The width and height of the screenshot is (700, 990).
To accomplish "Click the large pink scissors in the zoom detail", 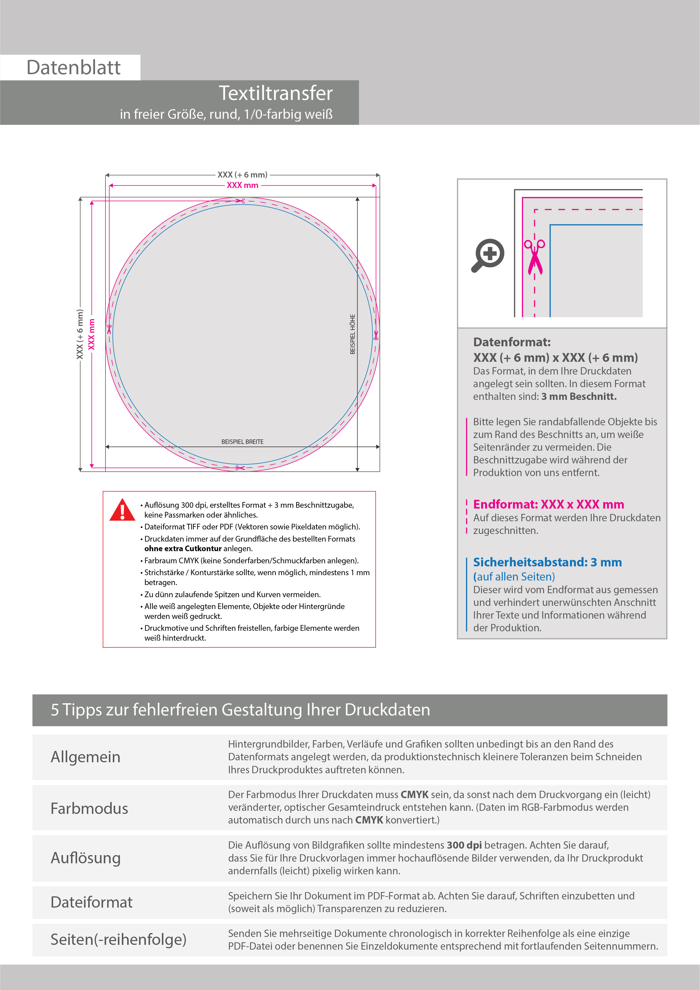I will pos(534,257).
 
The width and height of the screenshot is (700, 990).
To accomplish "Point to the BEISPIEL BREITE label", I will pos(242,442).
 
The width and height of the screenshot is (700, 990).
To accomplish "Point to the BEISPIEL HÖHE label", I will pos(353,334).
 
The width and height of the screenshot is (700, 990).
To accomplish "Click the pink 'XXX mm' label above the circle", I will pos(242,185).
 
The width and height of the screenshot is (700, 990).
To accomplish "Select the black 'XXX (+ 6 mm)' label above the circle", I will pos(242,175).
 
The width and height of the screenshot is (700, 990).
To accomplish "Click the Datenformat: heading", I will pos(512,342).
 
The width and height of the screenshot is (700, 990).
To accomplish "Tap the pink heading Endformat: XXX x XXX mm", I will pos(548,505).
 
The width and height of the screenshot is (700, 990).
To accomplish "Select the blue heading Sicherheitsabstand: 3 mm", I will pos(547,562).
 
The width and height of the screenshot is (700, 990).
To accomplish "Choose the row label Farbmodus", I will pos(89,809).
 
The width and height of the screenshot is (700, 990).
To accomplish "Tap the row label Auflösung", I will pos(85,858).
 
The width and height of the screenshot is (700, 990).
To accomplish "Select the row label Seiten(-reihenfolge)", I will pos(118,939).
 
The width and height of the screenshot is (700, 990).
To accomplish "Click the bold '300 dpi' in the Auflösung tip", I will pos(464,846).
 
